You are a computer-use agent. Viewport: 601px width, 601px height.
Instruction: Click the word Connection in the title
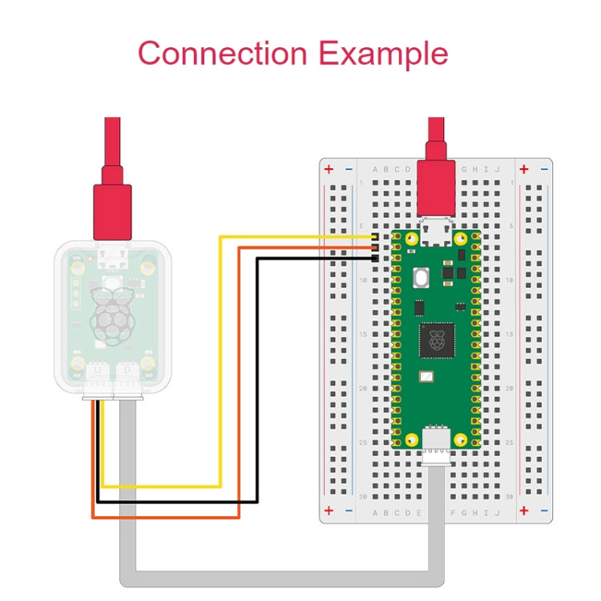[222, 54]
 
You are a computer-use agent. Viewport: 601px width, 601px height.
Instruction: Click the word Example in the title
[382, 54]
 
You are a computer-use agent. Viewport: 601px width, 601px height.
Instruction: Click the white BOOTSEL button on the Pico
[421, 278]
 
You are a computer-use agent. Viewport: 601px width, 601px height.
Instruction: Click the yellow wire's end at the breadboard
[375, 238]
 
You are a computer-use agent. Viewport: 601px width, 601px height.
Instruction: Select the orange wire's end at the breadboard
[375, 248]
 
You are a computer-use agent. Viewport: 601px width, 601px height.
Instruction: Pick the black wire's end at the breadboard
[375, 258]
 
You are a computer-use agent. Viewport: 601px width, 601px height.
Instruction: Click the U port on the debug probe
[97, 371]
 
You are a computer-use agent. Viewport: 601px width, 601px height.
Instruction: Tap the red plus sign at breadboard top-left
[329, 170]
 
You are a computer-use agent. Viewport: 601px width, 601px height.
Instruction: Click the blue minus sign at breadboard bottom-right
[545, 510]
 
